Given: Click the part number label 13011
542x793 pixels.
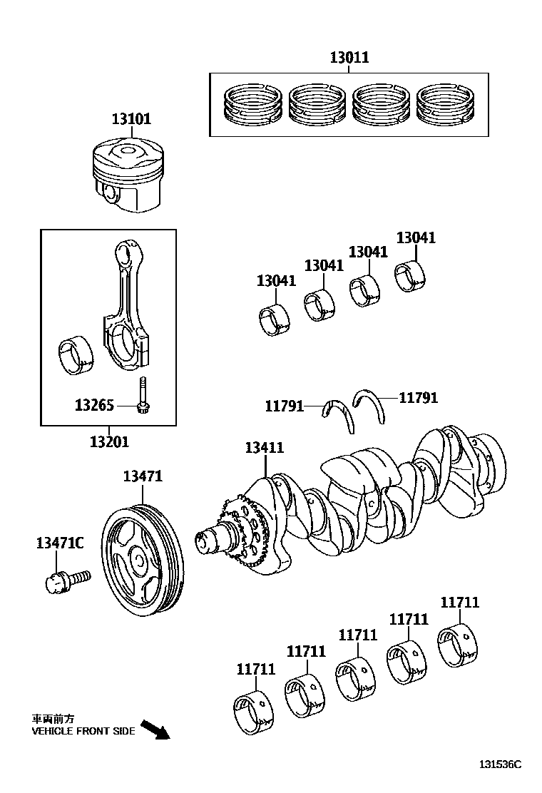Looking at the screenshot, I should pyautogui.click(x=349, y=58).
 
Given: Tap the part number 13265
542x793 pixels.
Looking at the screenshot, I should pyautogui.click(x=94, y=406).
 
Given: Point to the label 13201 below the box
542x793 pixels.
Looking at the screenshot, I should pyautogui.click(x=109, y=442).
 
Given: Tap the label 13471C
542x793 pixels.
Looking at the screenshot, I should pyautogui.click(x=60, y=543).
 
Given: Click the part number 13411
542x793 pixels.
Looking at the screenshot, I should pyautogui.click(x=264, y=448).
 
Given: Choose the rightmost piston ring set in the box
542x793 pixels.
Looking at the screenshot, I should pyautogui.click(x=445, y=104).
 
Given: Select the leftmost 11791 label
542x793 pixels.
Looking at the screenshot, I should pyautogui.click(x=284, y=406).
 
